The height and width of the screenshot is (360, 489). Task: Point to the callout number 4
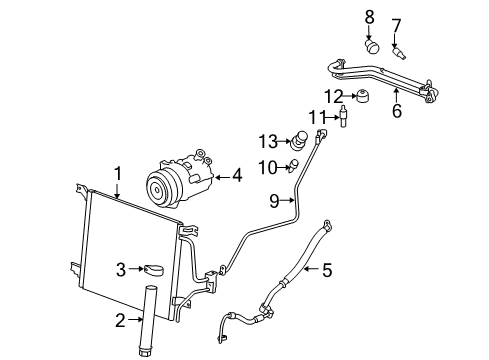click(x=237, y=177)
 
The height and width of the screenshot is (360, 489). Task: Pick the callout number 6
click(x=396, y=111)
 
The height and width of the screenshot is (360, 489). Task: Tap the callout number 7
click(x=395, y=23)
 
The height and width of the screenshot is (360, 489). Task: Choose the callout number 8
click(x=368, y=16)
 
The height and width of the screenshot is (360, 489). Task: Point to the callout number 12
click(x=337, y=95)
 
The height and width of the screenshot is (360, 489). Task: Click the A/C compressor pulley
click(x=161, y=189)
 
